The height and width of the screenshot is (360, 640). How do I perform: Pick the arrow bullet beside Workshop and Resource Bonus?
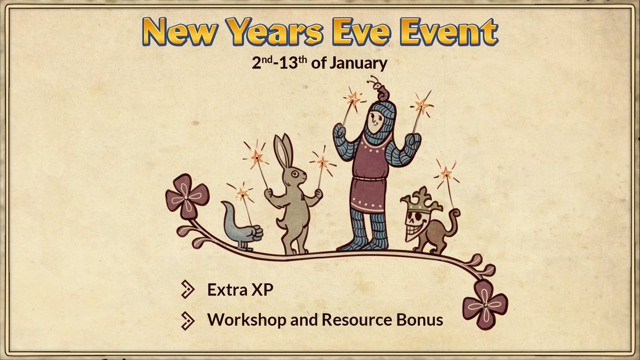[x=188, y=319]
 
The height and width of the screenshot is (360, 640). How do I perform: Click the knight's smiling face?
[x=377, y=123]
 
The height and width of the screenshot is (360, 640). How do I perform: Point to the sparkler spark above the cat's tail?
[x=445, y=172]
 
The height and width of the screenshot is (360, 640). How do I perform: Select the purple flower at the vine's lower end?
[x=484, y=303]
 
